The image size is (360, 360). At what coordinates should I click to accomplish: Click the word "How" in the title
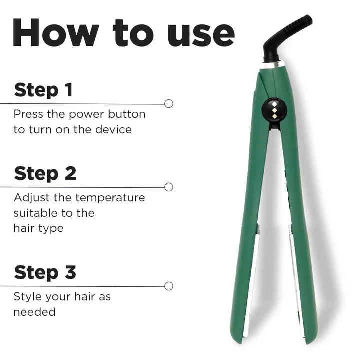coord(55,34)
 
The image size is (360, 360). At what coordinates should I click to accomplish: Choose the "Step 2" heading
coord(45,173)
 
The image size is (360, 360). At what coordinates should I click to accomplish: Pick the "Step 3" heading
coord(45,272)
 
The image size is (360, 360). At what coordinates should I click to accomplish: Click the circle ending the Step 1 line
coord(169,103)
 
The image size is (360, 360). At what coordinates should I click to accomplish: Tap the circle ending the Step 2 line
coord(169,187)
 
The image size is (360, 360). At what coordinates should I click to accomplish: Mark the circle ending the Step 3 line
coord(169,286)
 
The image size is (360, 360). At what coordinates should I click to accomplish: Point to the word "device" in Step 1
coord(114,130)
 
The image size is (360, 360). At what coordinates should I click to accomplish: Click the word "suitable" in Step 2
coord(34,213)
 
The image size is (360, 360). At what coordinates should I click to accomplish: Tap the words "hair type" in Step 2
coord(38,228)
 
